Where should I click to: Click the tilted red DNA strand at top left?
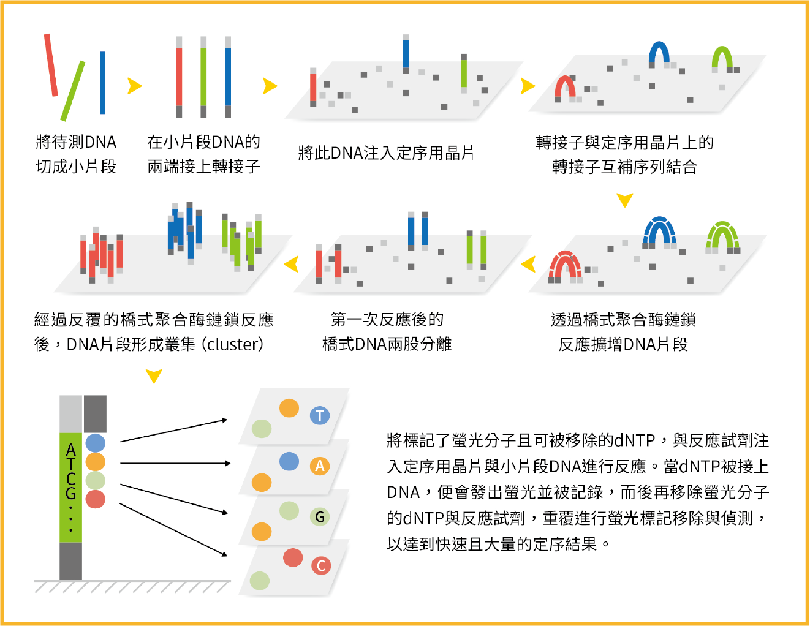pyautogui.click(x=51, y=66)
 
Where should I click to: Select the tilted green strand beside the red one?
pyautogui.click(x=73, y=91)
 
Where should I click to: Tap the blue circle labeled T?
pyautogui.click(x=319, y=416)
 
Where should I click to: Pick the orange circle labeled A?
pyautogui.click(x=319, y=466)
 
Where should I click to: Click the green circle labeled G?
pyautogui.click(x=319, y=517)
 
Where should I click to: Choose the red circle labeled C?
pyautogui.click(x=320, y=565)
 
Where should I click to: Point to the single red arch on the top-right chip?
pyautogui.click(x=565, y=87)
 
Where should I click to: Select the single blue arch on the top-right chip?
pyautogui.click(x=659, y=53)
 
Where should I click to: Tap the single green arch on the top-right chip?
pyautogui.click(x=722, y=57)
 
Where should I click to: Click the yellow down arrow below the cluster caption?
pyautogui.click(x=154, y=375)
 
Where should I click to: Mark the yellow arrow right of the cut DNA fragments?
pyautogui.click(x=134, y=86)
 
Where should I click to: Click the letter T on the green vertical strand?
pyautogui.click(x=71, y=464)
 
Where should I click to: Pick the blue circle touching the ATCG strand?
pyautogui.click(x=95, y=442)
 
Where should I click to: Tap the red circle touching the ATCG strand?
pyautogui.click(x=95, y=499)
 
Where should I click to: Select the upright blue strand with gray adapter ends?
pyautogui.click(x=228, y=77)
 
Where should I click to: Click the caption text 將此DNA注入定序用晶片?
pyautogui.click(x=386, y=153)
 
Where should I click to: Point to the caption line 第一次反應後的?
pyautogui.click(x=387, y=319)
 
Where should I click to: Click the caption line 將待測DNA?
pyautogui.click(x=76, y=142)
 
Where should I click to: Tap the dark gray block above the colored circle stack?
pyautogui.click(x=95, y=413)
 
